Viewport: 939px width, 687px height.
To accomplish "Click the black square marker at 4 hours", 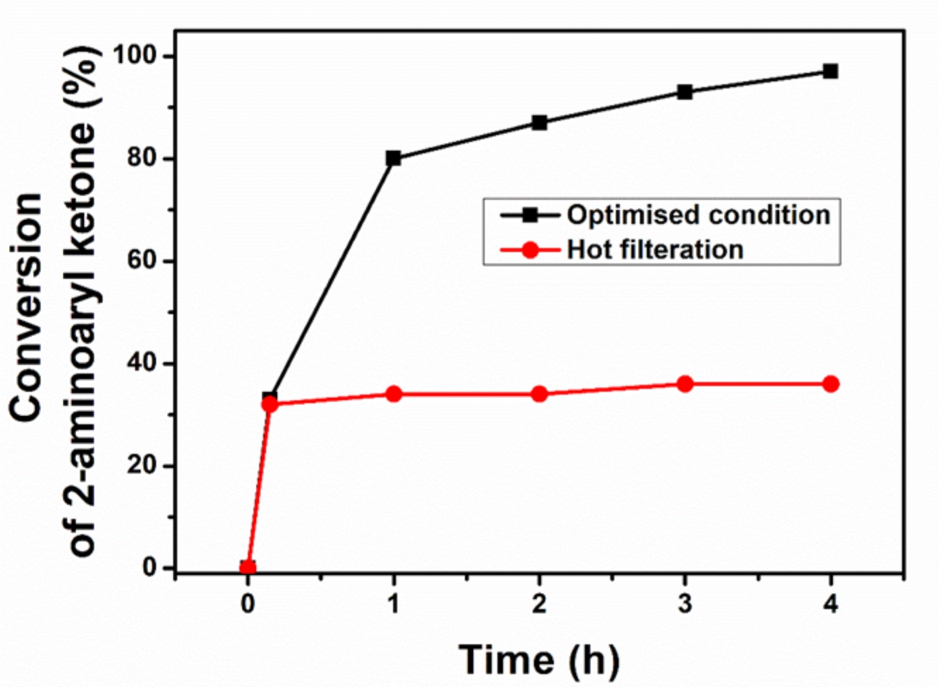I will (831, 72).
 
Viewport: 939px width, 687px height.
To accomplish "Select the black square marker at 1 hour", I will (393, 158).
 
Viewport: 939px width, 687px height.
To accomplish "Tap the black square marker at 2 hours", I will (539, 123).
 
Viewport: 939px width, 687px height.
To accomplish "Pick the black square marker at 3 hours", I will (685, 92).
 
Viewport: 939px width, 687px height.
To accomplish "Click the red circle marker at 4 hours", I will (831, 384).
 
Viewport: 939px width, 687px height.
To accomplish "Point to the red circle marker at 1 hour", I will (394, 394).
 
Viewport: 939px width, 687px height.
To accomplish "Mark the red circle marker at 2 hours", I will (539, 394).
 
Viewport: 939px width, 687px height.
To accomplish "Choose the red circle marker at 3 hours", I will (685, 384).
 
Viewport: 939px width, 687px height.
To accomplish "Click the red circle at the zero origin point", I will (247, 568).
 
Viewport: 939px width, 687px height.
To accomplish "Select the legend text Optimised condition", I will (699, 215).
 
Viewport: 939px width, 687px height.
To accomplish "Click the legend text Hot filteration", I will (655, 250).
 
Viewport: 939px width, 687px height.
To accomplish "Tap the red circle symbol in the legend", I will (530, 250).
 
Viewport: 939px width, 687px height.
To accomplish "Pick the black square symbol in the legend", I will (530, 215).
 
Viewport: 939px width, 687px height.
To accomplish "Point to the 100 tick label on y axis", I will (134, 55).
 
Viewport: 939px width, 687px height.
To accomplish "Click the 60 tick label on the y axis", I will (141, 260).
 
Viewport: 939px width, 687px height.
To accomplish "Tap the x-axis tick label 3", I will (685, 604).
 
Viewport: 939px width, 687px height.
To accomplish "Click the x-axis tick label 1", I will (394, 604).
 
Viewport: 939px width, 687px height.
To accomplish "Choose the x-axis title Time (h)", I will (539, 660).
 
